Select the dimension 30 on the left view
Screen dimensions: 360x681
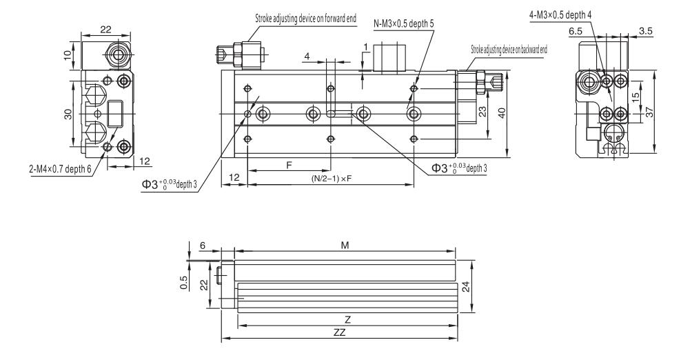[x=69, y=114]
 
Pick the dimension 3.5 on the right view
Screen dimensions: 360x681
[x=646, y=32]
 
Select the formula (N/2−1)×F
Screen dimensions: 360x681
[x=333, y=178]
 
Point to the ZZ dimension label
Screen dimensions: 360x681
[x=338, y=332]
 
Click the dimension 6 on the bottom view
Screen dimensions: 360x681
[x=203, y=244]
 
